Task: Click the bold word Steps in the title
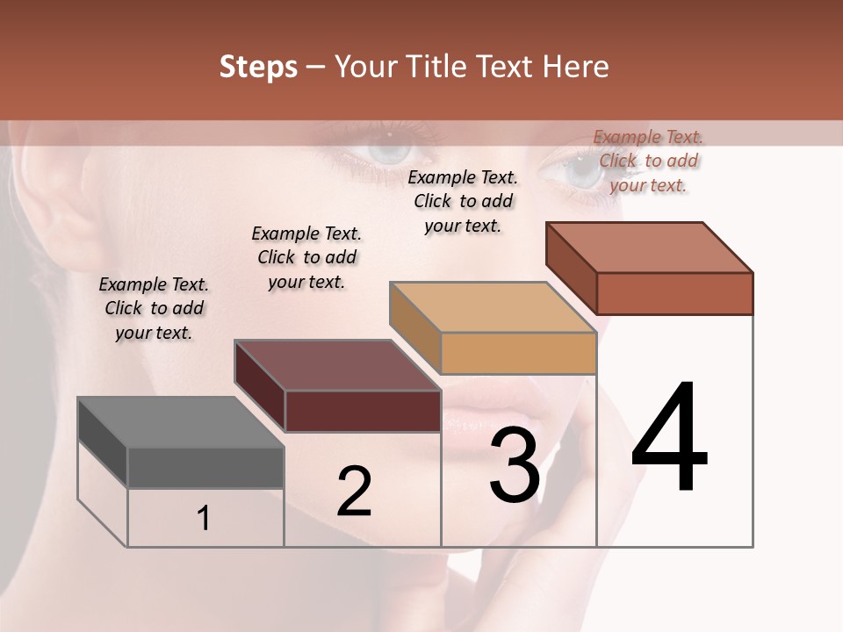[x=258, y=67]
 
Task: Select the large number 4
[x=669, y=438]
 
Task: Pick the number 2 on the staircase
[x=354, y=492]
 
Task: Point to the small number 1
[x=204, y=518]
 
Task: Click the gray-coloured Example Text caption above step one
[x=154, y=308]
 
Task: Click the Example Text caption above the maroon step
[x=306, y=257]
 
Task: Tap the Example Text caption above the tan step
[x=463, y=201]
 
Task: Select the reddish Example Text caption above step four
[x=648, y=161]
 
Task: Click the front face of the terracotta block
[x=674, y=293]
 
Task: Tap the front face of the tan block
[x=518, y=354]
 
